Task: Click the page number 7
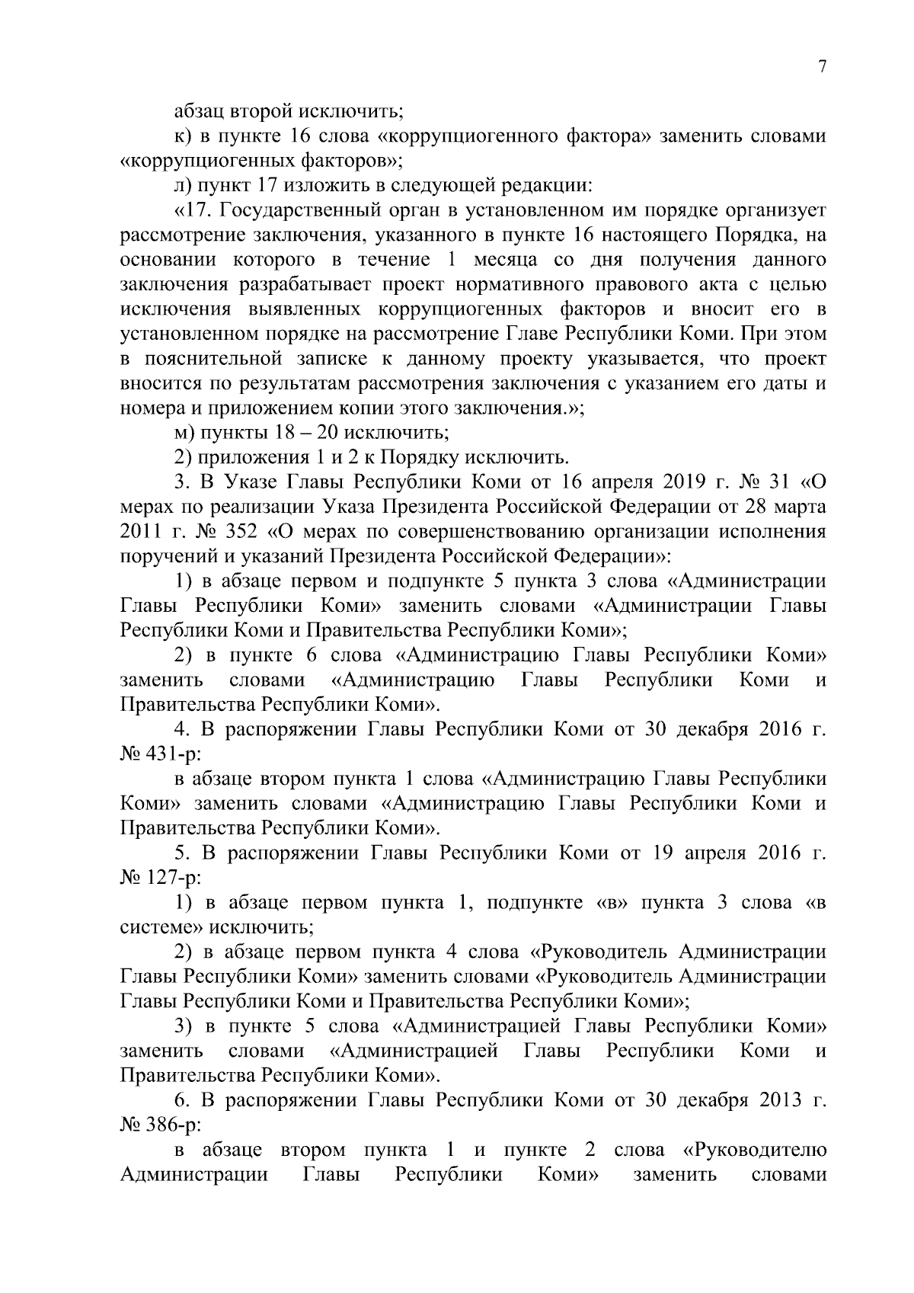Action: (x=822, y=67)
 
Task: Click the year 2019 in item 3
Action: (x=680, y=482)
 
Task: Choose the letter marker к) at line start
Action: (x=184, y=137)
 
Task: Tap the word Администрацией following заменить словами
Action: (x=420, y=1051)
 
